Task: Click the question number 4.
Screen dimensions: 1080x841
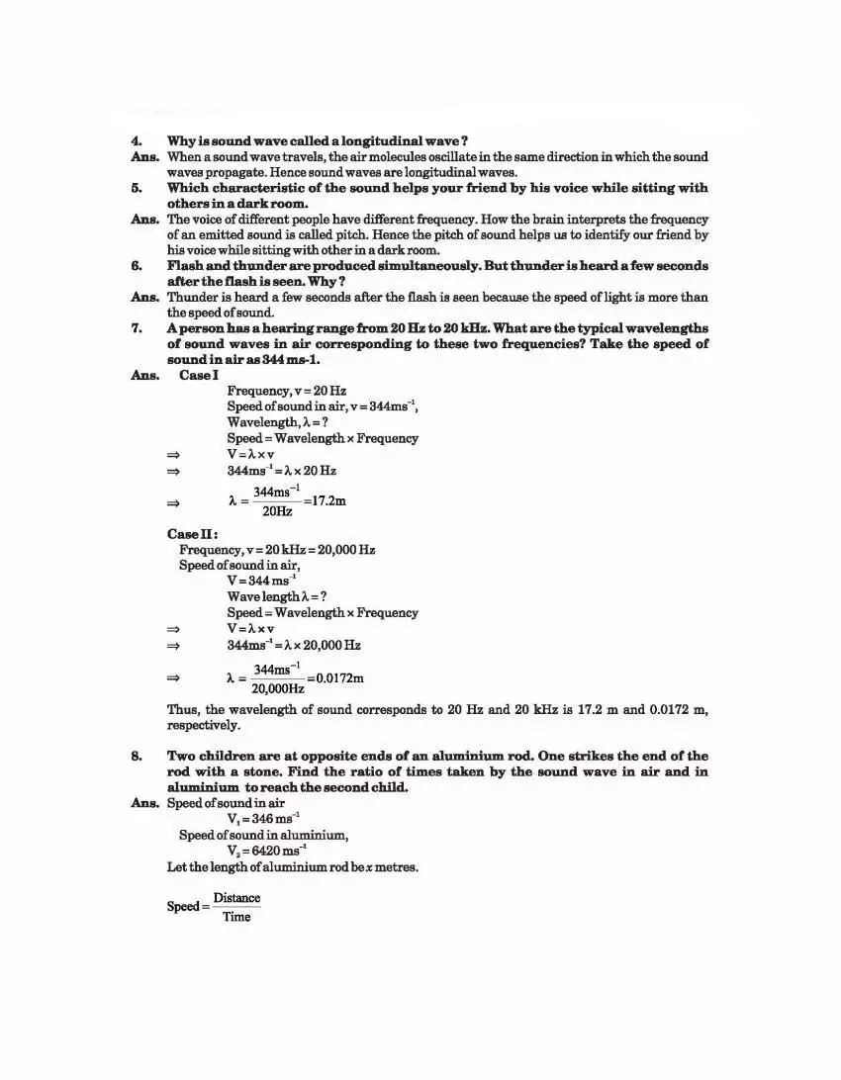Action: click(136, 141)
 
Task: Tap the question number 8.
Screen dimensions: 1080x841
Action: click(136, 756)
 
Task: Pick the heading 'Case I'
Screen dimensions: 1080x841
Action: click(198, 375)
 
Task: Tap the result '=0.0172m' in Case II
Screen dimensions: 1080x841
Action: click(335, 678)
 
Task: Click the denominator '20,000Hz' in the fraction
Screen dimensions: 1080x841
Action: click(277, 688)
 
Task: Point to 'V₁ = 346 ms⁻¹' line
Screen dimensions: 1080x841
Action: click(263, 819)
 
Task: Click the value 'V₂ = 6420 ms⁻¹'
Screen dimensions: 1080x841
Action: click(266, 851)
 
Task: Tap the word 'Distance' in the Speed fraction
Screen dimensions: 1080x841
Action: click(236, 898)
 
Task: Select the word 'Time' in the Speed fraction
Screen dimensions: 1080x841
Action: click(236, 917)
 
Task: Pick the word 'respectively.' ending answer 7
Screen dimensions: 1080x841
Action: click(204, 725)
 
